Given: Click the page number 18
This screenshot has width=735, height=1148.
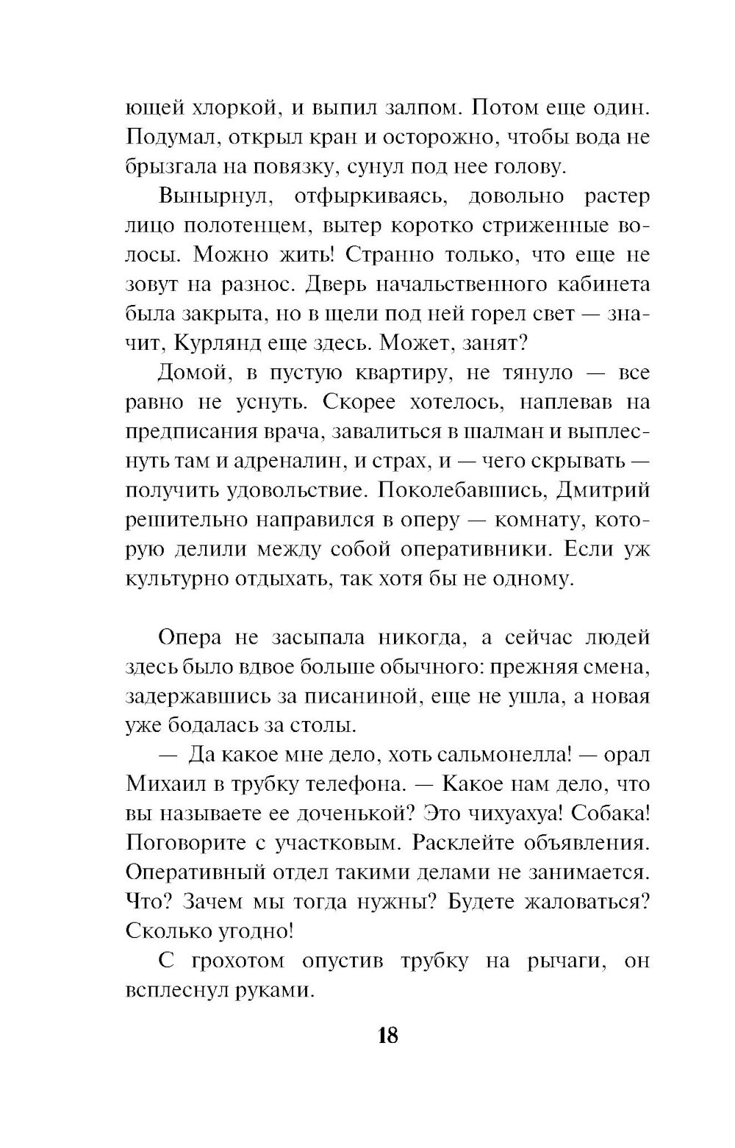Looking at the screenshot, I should pyautogui.click(x=387, y=1036).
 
